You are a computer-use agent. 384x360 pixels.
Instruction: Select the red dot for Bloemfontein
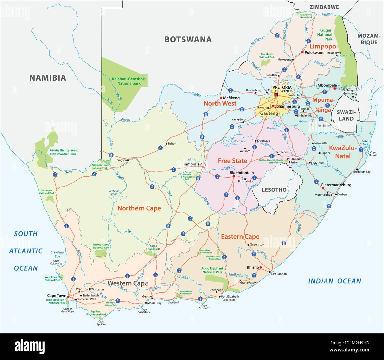coord(233,176)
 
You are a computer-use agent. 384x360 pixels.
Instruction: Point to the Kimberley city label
coord(193,164)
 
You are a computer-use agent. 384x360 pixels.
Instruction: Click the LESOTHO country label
coord(274,190)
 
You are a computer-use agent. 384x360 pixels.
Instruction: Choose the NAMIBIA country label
coord(48,78)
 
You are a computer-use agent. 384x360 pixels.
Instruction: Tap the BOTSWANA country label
coord(188,39)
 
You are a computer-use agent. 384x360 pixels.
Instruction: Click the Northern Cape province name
coord(139,208)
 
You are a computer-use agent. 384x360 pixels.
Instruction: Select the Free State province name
coord(232,161)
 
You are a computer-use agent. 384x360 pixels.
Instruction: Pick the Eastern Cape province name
coord(240,236)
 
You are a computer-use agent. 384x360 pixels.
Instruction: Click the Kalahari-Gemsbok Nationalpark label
coord(129,81)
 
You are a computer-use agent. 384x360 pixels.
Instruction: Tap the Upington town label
coord(120,160)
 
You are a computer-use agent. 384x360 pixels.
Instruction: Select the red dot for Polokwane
coord(302,52)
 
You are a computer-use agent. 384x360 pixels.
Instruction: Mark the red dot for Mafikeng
coord(221,98)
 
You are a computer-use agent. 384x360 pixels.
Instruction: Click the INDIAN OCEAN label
coord(334,281)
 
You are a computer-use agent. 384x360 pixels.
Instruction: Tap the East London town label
coord(279,274)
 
